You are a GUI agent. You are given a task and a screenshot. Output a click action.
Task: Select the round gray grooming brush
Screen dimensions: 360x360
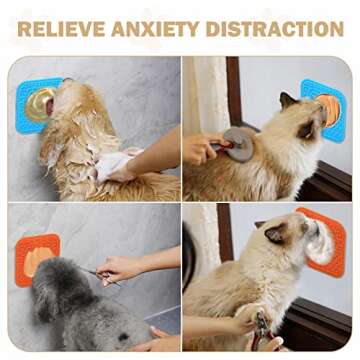click(238, 143)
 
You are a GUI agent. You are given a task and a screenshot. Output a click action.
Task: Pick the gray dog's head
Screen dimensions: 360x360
click(59, 285)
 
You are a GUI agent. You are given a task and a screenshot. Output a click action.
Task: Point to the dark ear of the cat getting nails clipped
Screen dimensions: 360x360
click(273, 236)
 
